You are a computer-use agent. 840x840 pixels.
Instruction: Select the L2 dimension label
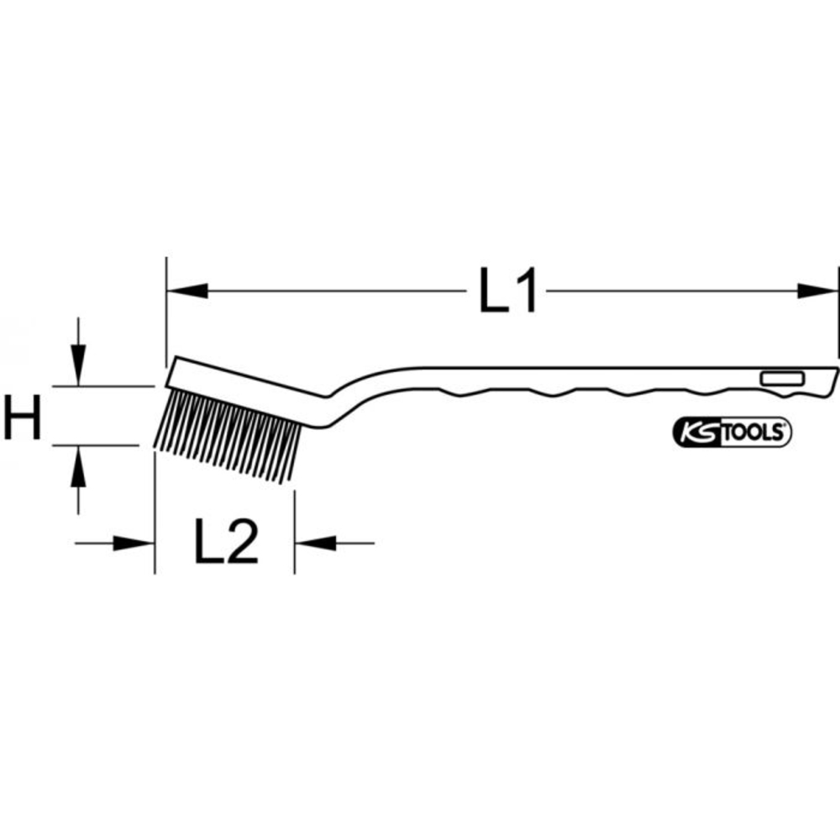(225, 543)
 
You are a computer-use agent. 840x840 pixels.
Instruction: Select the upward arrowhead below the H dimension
(77, 466)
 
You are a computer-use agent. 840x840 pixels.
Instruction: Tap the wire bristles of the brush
(227, 433)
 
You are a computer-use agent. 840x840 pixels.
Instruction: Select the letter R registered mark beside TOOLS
(787, 426)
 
